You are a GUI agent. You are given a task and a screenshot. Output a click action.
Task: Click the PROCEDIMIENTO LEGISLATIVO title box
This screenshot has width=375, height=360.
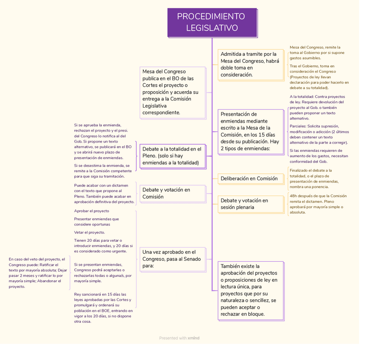click(212, 23)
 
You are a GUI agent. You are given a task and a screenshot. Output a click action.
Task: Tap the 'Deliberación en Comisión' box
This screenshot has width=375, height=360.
click(250, 178)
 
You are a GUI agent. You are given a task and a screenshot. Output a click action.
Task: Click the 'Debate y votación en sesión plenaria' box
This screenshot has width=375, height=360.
click(250, 204)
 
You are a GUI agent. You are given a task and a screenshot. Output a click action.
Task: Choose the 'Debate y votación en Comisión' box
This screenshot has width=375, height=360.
click(172, 194)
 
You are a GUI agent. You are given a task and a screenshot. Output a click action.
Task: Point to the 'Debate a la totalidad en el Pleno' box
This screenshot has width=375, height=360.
click(172, 156)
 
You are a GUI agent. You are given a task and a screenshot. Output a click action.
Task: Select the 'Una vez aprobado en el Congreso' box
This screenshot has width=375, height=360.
click(172, 259)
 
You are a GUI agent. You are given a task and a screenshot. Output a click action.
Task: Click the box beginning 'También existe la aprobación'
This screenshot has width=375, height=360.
click(250, 290)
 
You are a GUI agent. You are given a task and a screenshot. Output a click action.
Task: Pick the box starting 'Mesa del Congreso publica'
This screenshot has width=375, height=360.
click(172, 92)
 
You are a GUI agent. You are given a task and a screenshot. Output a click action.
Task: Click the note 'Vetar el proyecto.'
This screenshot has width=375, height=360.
click(89, 232)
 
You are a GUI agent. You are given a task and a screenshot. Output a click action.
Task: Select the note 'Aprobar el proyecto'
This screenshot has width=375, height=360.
click(92, 211)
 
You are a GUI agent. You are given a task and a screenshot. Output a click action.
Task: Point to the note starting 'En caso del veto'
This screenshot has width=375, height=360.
click(38, 273)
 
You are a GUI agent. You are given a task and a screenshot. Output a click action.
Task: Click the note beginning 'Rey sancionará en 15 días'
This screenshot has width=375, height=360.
click(103, 308)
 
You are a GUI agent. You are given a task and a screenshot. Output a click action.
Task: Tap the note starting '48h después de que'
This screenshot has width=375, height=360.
click(318, 204)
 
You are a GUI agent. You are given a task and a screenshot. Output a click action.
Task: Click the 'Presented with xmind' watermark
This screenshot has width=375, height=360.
click(179, 338)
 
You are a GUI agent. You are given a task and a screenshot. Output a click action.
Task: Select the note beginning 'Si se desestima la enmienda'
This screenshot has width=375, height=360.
click(103, 171)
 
